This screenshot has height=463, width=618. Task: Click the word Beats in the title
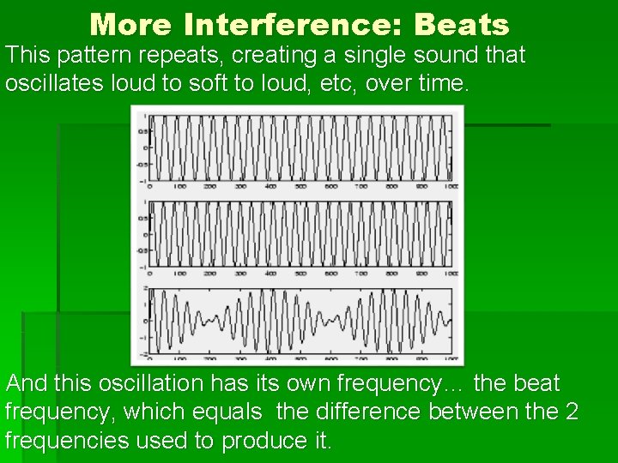tap(461, 24)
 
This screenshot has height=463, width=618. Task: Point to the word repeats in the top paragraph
tap(179, 57)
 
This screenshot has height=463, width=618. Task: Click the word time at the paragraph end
tap(441, 84)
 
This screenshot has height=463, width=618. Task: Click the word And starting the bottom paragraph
tap(27, 383)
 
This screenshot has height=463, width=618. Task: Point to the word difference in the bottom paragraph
tap(374, 412)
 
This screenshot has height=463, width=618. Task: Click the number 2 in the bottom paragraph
tap(571, 412)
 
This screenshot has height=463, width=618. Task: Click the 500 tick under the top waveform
tap(300, 186)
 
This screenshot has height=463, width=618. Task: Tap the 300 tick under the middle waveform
tap(240, 274)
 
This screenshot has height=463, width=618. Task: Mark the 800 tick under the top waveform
tap(391, 186)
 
